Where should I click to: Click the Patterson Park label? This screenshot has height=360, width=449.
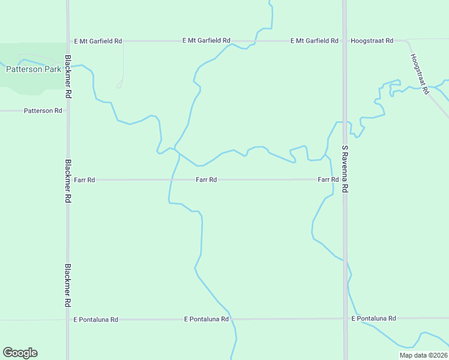(x=34, y=69)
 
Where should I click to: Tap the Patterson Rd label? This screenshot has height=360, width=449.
(x=43, y=111)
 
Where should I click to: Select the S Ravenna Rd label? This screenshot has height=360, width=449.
(x=345, y=168)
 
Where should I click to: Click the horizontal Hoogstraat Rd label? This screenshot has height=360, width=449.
(x=372, y=41)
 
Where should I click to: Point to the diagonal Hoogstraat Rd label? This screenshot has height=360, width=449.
(x=420, y=74)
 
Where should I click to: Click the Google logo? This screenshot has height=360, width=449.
(x=20, y=353)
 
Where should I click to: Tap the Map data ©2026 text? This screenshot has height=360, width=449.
(x=424, y=355)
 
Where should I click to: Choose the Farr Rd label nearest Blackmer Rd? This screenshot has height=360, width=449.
(x=85, y=179)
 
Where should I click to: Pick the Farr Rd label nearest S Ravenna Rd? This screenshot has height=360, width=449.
(x=328, y=179)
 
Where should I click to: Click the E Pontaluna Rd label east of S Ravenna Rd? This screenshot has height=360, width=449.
(x=374, y=318)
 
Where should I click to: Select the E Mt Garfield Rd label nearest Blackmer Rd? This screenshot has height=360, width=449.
(x=98, y=41)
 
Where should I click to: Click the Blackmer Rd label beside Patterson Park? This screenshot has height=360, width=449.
(x=68, y=77)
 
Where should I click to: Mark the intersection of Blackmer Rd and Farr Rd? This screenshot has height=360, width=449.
(x=68, y=179)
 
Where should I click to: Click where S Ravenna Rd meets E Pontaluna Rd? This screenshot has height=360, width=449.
(x=345, y=319)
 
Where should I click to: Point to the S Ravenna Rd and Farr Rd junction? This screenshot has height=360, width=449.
(x=345, y=179)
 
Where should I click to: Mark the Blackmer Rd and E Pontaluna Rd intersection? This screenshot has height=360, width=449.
(x=68, y=320)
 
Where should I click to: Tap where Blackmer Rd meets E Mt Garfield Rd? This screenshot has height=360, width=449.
(x=68, y=41)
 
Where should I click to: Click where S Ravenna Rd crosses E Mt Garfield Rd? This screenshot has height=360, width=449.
(x=345, y=41)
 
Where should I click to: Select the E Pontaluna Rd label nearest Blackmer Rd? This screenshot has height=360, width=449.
(x=95, y=320)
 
